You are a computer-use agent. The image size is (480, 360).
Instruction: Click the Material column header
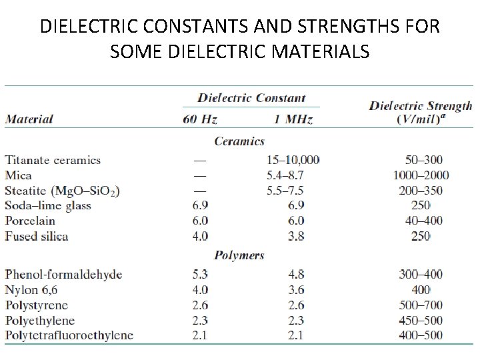pyautogui.click(x=29, y=120)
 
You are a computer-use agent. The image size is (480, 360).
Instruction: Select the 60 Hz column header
pyautogui.click(x=200, y=120)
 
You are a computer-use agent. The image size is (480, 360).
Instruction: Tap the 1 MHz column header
pyautogui.click(x=293, y=120)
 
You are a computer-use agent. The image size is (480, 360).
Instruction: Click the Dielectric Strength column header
pyautogui.click(x=421, y=112)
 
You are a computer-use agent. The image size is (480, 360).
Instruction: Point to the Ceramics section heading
pyautogui.click(x=239, y=141)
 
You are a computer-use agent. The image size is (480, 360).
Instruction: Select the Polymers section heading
pyautogui.click(x=239, y=255)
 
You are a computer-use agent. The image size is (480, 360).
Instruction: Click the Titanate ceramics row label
pyautogui.click(x=53, y=160)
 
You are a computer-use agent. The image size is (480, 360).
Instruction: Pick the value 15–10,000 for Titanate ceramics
pyautogui.click(x=293, y=160)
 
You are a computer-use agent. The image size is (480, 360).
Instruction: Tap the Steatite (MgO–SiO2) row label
pyautogui.click(x=63, y=191)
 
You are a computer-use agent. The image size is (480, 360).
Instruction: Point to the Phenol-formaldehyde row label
pyautogui.click(x=64, y=275)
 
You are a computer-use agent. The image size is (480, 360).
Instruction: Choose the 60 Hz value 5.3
pyautogui.click(x=200, y=275)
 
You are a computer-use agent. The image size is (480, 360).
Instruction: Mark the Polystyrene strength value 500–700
pyautogui.click(x=421, y=305)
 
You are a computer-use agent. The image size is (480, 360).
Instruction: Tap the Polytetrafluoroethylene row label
pyautogui.click(x=69, y=335)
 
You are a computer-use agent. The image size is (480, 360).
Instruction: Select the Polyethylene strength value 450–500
pyautogui.click(x=421, y=321)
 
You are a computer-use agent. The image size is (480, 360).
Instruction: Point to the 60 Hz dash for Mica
pyautogui.click(x=199, y=175)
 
